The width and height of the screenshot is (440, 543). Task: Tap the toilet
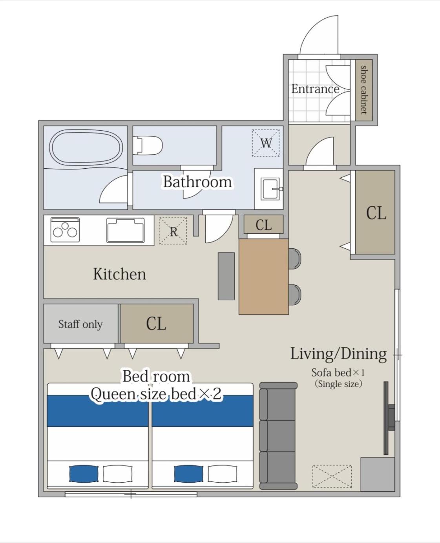pos(148,145)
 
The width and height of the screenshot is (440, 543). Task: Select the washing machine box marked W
pos(266,143)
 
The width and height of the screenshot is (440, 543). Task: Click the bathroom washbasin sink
pos(270,189)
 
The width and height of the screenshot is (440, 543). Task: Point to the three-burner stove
pos(65,230)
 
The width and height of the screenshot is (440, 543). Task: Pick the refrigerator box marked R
pos(173,230)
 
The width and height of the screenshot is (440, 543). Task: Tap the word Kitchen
pos(119,274)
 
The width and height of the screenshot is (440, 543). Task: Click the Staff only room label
pos(80,324)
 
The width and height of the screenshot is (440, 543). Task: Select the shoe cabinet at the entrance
pos(364,90)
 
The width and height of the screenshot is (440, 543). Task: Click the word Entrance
pos(315,89)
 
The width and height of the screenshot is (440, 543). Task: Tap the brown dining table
pos(264,277)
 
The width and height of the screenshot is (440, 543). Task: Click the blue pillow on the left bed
pos(84,474)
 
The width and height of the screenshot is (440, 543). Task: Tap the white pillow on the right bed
pos(223,474)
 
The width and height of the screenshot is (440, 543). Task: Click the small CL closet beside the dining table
pos(263,224)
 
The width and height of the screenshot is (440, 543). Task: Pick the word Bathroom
pos(197,182)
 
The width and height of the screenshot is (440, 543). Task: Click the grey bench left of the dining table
pos(226,276)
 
